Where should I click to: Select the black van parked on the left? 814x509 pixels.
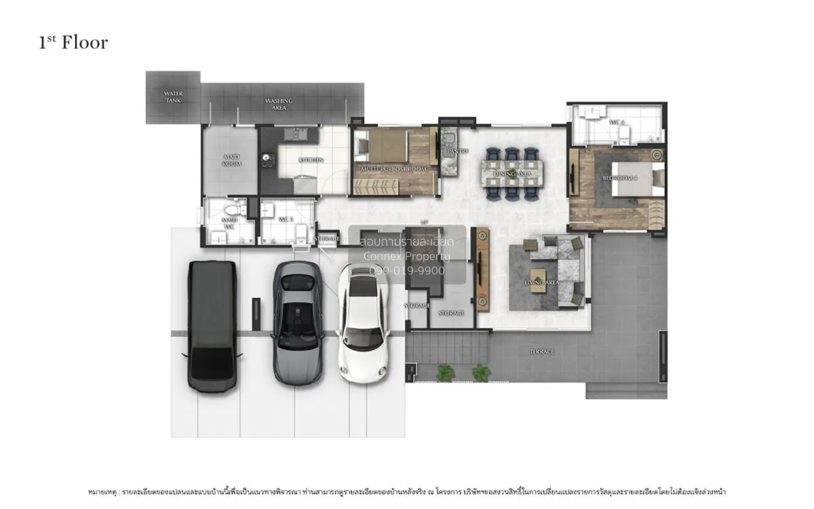212,326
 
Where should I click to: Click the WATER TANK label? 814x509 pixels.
173,97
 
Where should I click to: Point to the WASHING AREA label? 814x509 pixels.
278,104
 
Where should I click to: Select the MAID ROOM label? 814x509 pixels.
231,160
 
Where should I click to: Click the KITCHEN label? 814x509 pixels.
310,160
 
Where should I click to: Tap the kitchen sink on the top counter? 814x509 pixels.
296,133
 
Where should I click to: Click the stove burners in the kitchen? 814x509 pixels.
267,160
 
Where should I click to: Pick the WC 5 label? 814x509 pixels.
286,220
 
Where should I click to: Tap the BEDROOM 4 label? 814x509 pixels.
620,178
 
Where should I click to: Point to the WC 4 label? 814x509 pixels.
616,122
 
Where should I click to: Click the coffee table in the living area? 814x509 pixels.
538,281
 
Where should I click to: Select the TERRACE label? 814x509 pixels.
541,352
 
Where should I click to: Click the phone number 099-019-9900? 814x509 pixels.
406,270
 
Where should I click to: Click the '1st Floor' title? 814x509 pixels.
73,43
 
